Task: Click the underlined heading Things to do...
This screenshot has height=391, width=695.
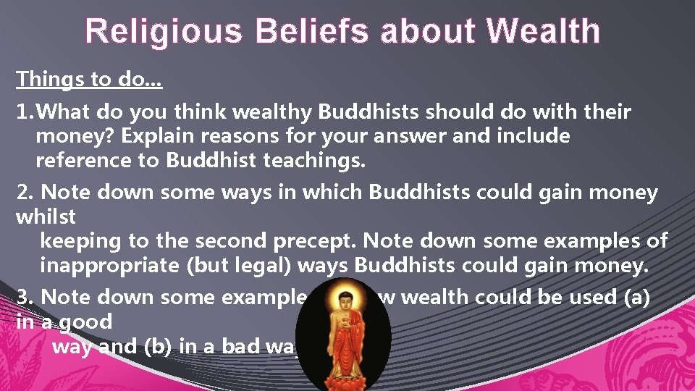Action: (88, 79)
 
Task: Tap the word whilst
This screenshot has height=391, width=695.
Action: (45, 216)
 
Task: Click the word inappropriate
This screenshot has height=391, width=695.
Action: (109, 266)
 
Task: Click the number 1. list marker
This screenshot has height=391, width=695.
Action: (25, 112)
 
